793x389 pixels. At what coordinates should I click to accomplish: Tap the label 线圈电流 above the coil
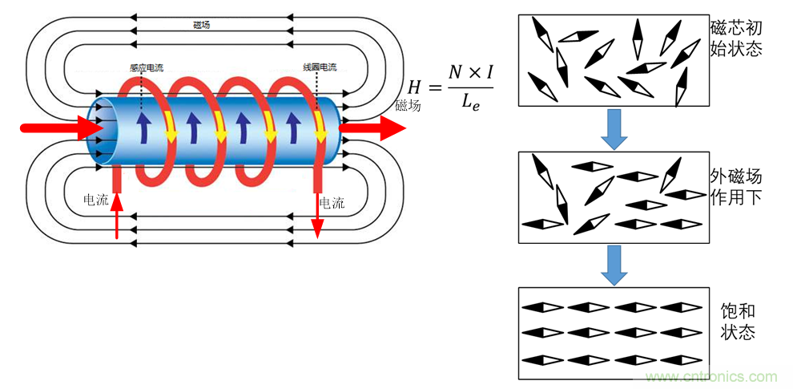[x=320, y=68]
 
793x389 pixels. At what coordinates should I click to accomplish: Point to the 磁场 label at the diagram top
[x=203, y=26]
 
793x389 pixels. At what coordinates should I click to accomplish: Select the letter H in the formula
[x=415, y=87]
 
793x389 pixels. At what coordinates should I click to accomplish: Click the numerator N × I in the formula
[x=470, y=72]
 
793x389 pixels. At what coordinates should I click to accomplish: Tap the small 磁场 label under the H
[x=408, y=105]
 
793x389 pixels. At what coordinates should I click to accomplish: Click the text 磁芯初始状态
[x=736, y=37]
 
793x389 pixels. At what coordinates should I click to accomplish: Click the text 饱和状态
[x=738, y=322]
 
